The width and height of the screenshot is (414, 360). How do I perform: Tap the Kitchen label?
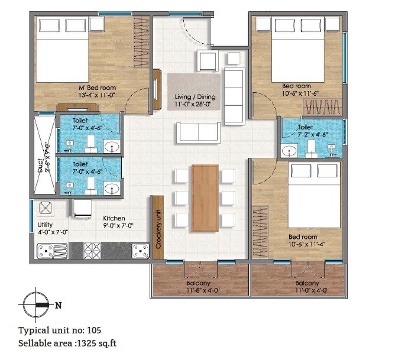pos(114,218)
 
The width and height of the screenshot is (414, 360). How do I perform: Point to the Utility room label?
pos(45,225)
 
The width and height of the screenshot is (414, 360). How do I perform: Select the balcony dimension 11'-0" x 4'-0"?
pos(311,291)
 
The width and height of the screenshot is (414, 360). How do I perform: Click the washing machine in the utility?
pos(45,209)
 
